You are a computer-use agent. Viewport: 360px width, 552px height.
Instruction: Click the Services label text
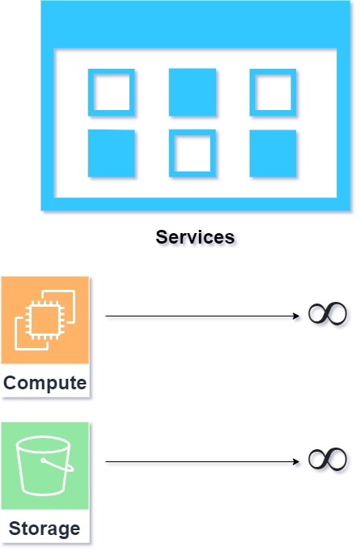coord(195,237)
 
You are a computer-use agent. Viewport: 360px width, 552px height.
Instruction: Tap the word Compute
coord(45,383)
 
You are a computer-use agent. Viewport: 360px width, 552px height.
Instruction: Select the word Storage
coord(44,529)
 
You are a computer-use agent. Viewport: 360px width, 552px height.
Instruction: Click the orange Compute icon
coord(45,320)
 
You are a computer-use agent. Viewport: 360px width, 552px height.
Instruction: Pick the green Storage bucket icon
coord(45,465)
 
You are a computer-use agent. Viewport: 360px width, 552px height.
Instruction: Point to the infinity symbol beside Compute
coord(328,313)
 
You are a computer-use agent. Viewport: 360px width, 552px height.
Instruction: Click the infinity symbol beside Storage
coord(328,459)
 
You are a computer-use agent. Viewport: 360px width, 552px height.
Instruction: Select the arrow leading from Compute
coord(202,316)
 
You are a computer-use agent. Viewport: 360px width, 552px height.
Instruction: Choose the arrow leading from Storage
coord(202,461)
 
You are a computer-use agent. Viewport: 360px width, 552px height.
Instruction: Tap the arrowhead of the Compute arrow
coord(296,316)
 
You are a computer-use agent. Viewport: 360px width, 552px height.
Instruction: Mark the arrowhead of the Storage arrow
coord(296,461)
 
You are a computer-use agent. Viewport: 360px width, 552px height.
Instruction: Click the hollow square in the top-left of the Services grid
coord(91,92)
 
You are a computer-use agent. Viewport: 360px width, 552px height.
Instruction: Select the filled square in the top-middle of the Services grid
coord(193,92)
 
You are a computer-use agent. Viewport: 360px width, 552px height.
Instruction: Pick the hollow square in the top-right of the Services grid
coord(252,92)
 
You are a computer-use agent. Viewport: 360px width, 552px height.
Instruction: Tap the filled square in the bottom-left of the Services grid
coord(111,153)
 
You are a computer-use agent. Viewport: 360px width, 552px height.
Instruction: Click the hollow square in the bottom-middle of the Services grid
coord(172,153)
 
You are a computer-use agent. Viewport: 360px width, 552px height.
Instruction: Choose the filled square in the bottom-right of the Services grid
coord(273,153)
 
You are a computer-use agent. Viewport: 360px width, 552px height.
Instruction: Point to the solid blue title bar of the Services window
coord(196,24)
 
